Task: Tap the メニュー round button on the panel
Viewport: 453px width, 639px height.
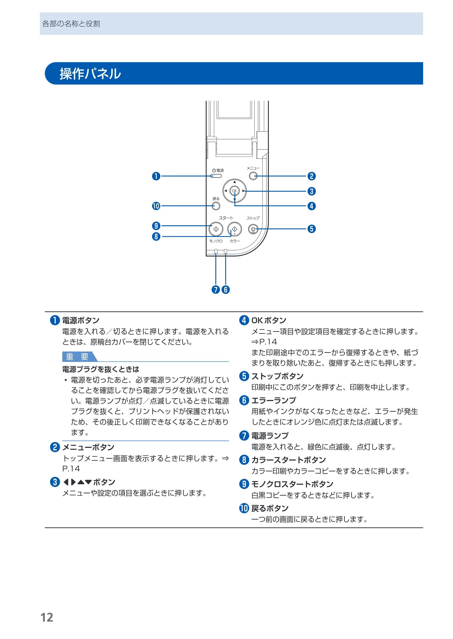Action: [x=253, y=176]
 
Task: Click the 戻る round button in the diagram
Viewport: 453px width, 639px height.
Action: [x=216, y=206]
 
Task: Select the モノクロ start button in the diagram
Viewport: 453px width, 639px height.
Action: [x=216, y=229]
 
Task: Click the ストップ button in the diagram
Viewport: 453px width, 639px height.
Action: [x=253, y=229]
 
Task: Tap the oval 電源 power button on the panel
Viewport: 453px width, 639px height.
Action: [x=216, y=176]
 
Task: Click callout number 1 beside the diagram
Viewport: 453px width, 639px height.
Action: [x=156, y=176]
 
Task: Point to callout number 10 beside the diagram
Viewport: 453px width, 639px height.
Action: [x=156, y=206]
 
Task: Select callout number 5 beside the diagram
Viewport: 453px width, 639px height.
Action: [x=312, y=229]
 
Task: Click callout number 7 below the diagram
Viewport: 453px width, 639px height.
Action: [x=216, y=290]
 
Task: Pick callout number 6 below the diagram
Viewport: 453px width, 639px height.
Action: [x=226, y=290]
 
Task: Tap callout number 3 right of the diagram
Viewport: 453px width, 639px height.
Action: [x=312, y=191]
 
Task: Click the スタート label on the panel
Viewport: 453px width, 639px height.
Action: [x=226, y=218]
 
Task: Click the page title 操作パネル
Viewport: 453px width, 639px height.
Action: [x=90, y=74]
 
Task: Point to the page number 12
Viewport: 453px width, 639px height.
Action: [x=47, y=617]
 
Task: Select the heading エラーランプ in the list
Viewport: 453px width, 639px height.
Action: [x=274, y=400]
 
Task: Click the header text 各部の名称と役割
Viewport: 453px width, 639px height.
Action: [x=71, y=24]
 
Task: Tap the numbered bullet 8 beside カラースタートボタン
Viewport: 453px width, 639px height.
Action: [x=244, y=460]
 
